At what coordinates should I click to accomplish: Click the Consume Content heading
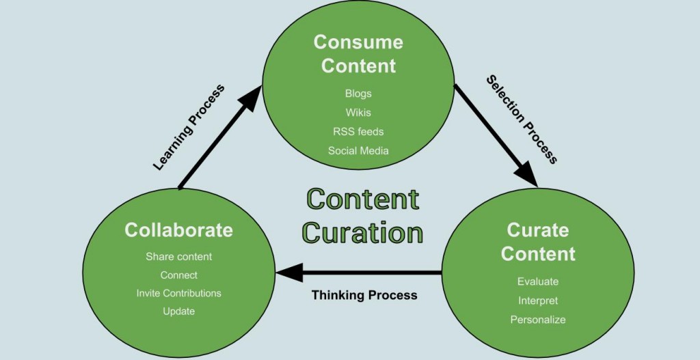point(358,54)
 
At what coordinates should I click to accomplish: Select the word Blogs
point(358,94)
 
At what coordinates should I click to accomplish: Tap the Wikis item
point(358,113)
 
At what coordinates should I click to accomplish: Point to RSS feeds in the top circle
point(358,131)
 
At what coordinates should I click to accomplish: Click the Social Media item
point(358,150)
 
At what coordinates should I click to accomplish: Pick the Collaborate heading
point(179,230)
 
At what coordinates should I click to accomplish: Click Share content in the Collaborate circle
point(179,257)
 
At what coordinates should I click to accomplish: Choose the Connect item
point(179,275)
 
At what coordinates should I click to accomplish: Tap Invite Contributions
point(179,293)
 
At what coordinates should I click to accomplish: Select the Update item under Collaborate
point(179,311)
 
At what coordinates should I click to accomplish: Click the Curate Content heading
point(538,242)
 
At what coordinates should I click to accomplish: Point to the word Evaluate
point(538,281)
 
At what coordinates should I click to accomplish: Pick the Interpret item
point(538,301)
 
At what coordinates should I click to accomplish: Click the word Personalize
point(538,319)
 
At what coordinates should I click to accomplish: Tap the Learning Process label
point(189,128)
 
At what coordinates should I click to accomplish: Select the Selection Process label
point(522,120)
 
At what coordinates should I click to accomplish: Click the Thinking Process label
point(364,296)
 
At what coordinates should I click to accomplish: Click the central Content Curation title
point(363,216)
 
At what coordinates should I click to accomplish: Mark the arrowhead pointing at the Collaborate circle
point(287,273)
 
